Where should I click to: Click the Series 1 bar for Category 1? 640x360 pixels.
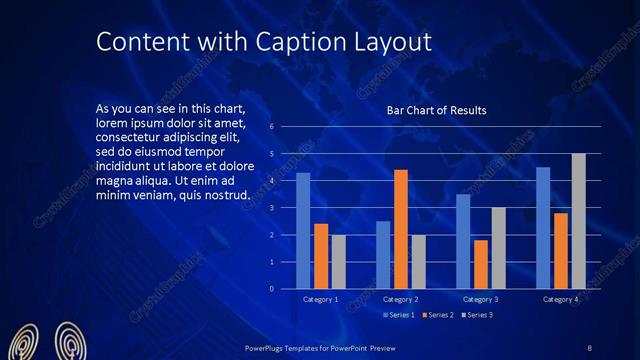pos(303,231)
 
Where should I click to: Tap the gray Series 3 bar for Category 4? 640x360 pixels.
pos(578,221)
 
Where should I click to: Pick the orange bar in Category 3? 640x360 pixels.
pos(481,264)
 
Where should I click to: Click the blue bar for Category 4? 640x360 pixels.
pos(543,228)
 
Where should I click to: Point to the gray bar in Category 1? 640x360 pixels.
pos(338,262)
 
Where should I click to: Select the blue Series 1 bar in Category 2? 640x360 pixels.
pos(383,255)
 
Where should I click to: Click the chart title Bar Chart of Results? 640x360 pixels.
pos(436,111)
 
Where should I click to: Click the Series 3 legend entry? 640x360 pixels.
pos(476,315)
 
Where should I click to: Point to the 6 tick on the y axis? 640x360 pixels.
pos(270,127)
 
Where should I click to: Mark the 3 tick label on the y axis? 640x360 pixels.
pos(270,208)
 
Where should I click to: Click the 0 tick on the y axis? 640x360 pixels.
pos(270,289)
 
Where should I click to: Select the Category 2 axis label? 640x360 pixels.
pos(400,299)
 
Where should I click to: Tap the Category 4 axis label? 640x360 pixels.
pos(560,299)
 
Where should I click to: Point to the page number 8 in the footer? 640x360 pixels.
pos(590,347)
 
